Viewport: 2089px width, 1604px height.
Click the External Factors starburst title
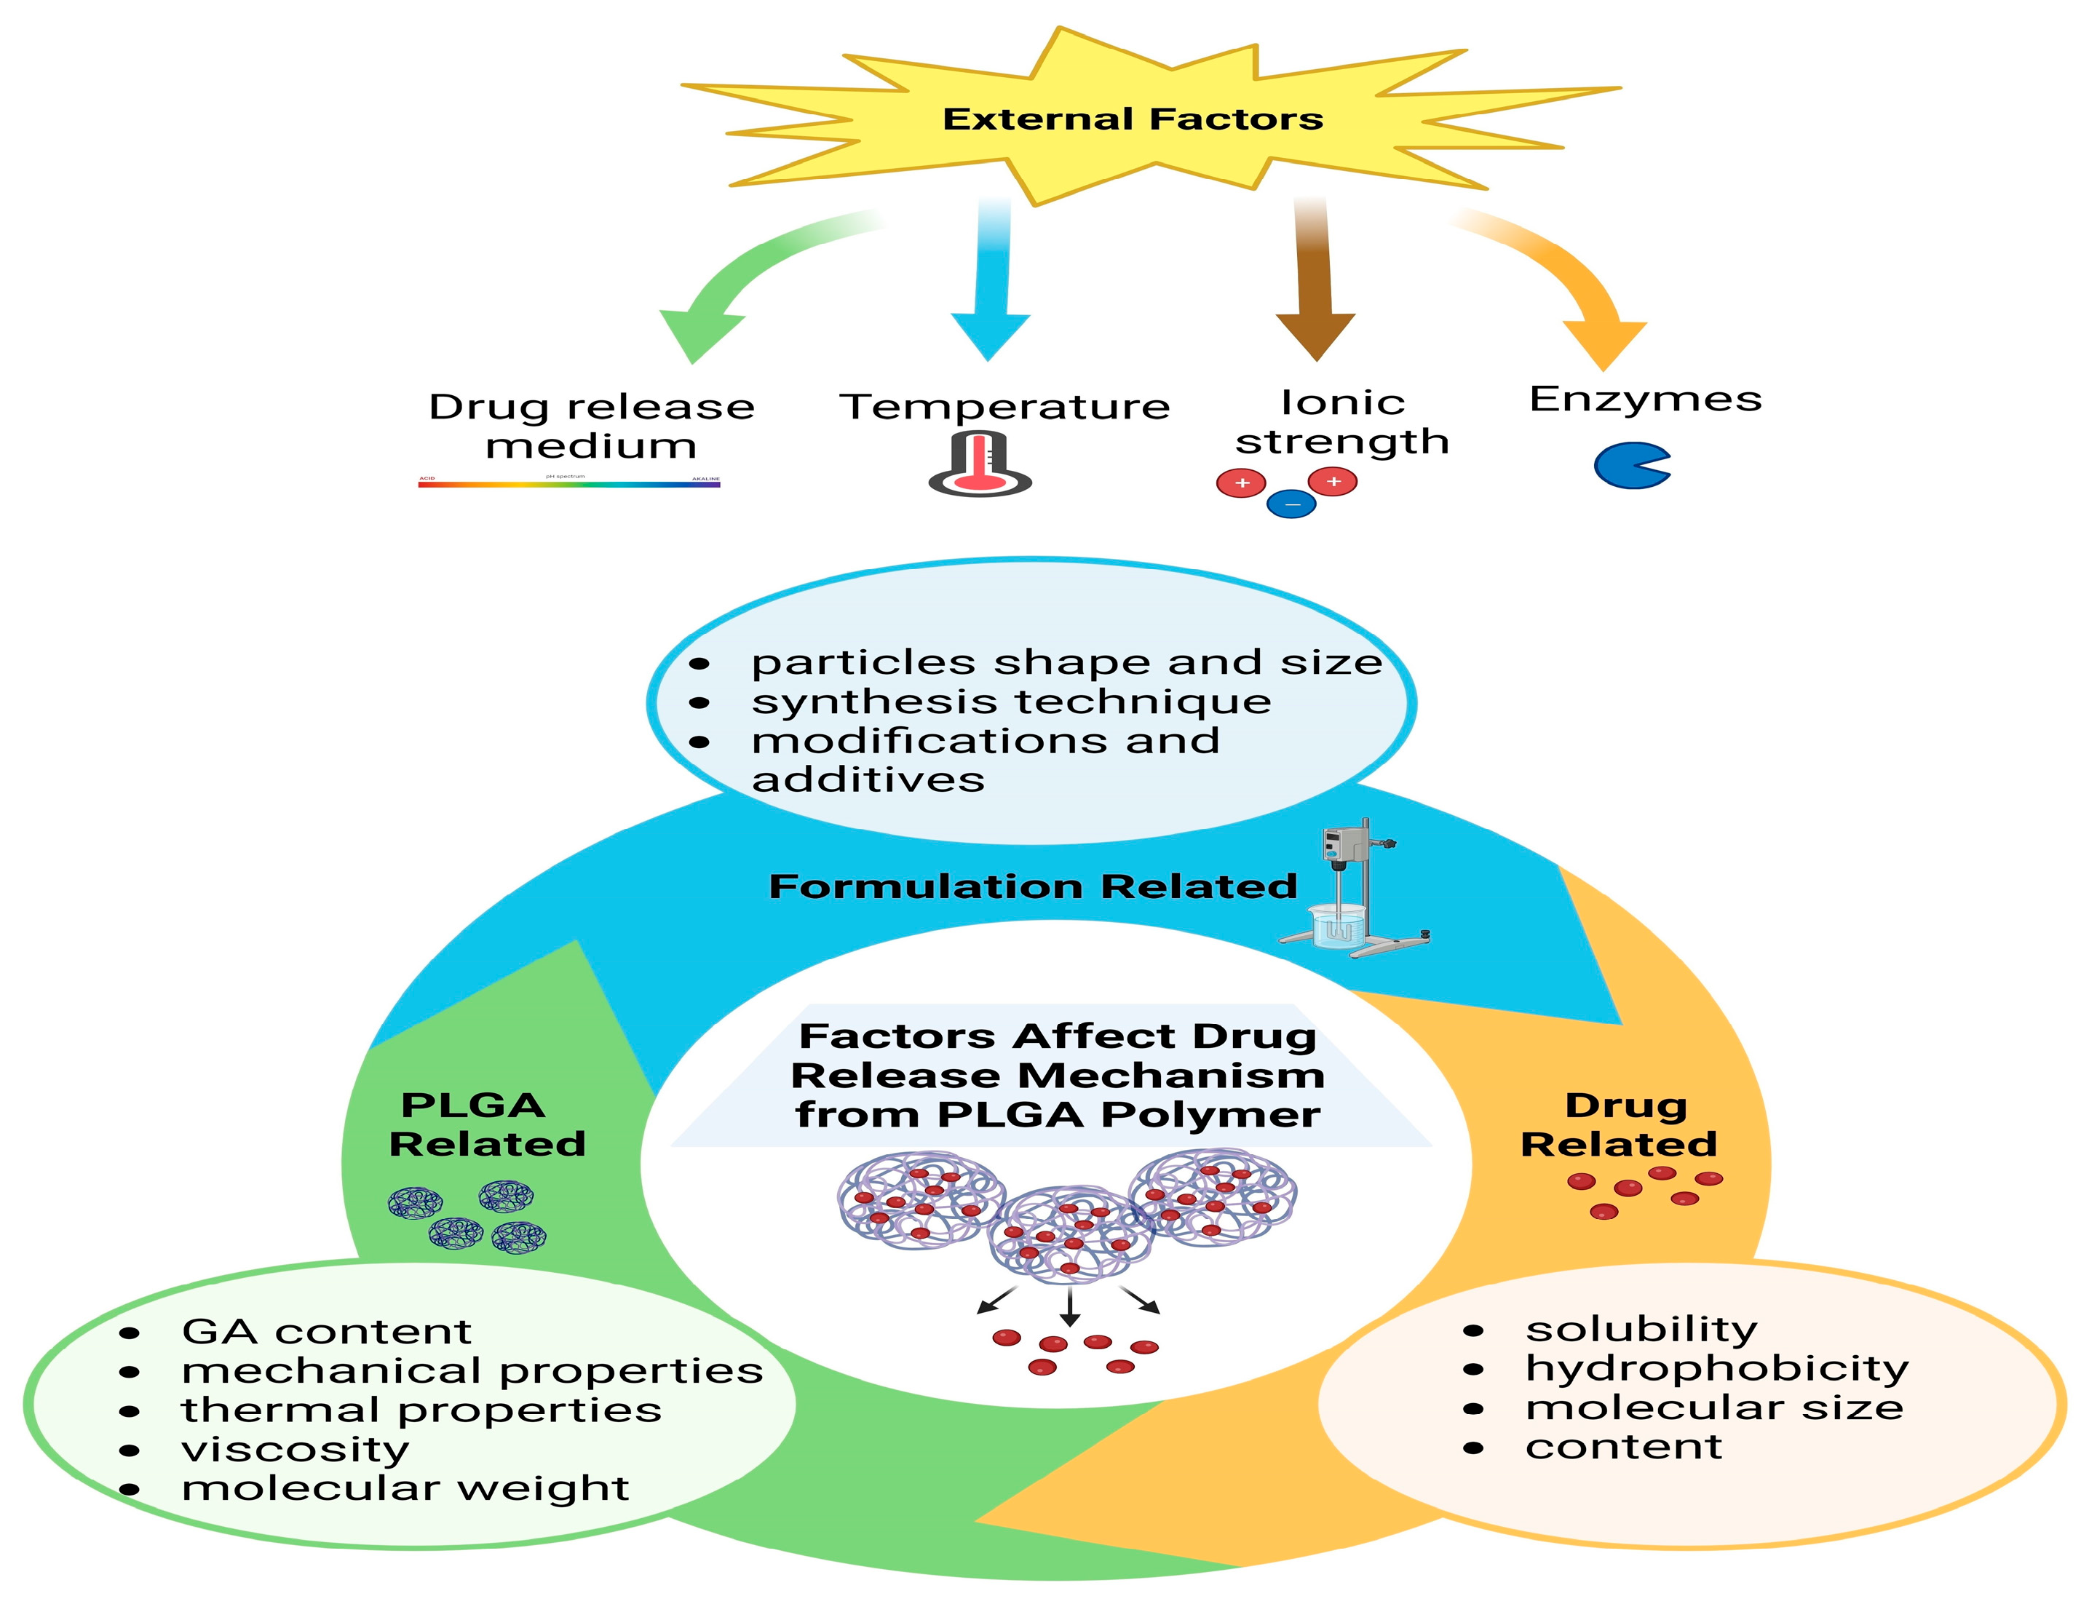[1133, 119]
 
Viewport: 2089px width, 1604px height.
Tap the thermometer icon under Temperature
[980, 465]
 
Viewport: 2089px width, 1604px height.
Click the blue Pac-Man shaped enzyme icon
[1630, 465]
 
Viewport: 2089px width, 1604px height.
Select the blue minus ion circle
[1291, 503]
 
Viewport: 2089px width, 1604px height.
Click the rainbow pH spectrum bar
[569, 484]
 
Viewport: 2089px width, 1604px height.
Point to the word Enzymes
[1645, 399]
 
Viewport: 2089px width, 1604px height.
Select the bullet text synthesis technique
[1011, 702]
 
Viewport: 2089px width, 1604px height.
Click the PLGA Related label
[486, 1124]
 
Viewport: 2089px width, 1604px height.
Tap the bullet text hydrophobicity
[1716, 1368]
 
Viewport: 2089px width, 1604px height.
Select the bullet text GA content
[327, 1331]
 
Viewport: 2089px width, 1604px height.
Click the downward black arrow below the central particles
[1069, 1308]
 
